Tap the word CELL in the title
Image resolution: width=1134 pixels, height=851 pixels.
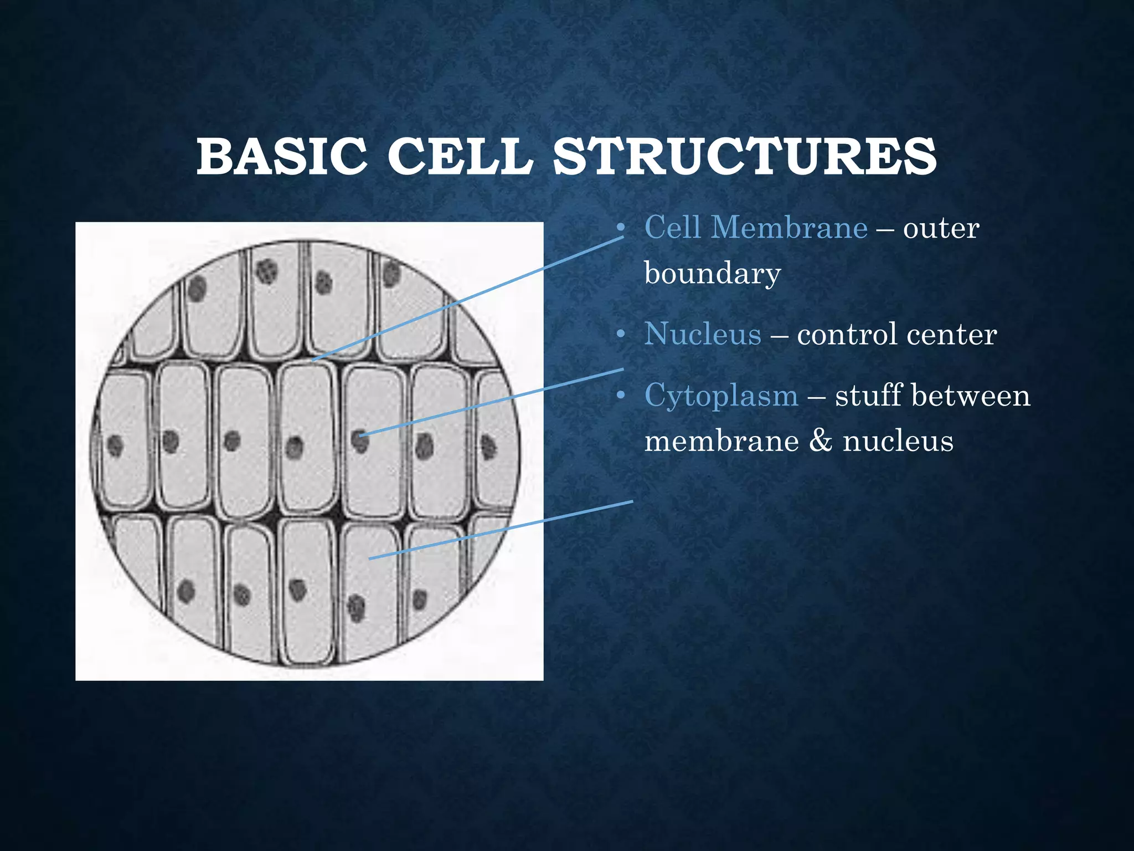tap(460, 157)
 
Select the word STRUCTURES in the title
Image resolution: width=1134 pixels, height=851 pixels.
tap(744, 157)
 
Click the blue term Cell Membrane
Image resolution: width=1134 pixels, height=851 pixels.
tap(756, 228)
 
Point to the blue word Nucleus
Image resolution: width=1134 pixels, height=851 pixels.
tap(703, 334)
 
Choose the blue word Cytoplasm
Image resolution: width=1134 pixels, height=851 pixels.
tap(721, 396)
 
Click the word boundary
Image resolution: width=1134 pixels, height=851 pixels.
tap(712, 273)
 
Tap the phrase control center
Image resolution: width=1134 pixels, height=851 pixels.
tap(896, 335)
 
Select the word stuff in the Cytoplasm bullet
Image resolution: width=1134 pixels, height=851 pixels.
tap(869, 396)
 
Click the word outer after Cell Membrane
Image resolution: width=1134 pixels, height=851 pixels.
tap(941, 228)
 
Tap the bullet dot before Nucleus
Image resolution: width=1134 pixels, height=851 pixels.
tap(621, 335)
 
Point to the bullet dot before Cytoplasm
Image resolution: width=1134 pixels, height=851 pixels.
tap(621, 396)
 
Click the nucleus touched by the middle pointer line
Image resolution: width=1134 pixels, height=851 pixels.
tap(360, 440)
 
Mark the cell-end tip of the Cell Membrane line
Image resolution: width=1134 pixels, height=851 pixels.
tap(314, 361)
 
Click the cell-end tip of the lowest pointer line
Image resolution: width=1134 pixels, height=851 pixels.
tap(370, 558)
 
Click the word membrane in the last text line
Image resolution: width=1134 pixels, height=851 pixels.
tap(721, 442)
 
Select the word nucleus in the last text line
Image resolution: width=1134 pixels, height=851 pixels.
tap(898, 442)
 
